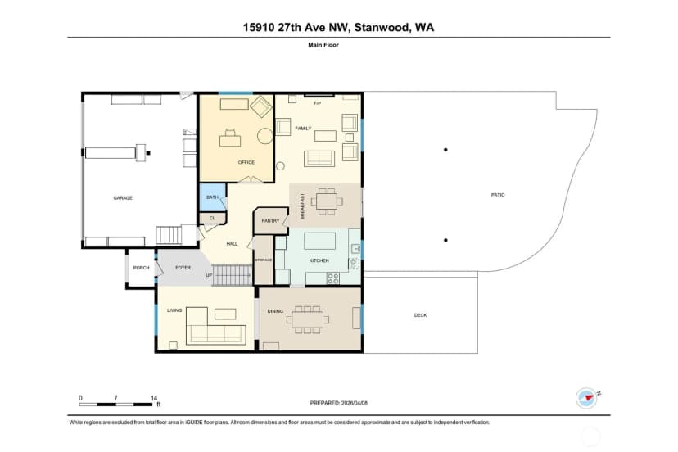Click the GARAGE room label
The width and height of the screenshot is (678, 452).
point(123,197)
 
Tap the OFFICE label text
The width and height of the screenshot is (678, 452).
point(246,162)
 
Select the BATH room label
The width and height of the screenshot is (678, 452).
point(212,197)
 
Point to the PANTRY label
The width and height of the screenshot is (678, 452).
point(271,220)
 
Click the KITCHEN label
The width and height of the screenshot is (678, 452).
point(319,260)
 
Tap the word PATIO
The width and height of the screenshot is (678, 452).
point(498,195)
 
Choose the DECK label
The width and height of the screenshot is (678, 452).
point(420,315)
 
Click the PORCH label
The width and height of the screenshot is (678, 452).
point(141,268)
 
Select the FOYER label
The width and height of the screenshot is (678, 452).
point(183,268)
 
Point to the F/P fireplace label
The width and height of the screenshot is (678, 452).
point(318,103)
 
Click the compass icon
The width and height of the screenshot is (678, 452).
point(586,397)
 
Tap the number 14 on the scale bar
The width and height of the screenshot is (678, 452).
point(154,397)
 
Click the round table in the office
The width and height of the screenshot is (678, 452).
point(265,136)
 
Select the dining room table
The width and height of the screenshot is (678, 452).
point(307,319)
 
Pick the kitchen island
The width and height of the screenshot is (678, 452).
point(319,241)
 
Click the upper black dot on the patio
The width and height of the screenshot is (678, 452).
point(445,150)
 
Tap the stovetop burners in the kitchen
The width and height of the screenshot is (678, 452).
point(333,278)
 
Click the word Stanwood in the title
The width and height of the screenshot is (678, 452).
point(382,28)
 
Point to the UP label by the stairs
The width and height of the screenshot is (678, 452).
point(209,275)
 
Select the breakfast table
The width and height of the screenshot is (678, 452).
point(327,201)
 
